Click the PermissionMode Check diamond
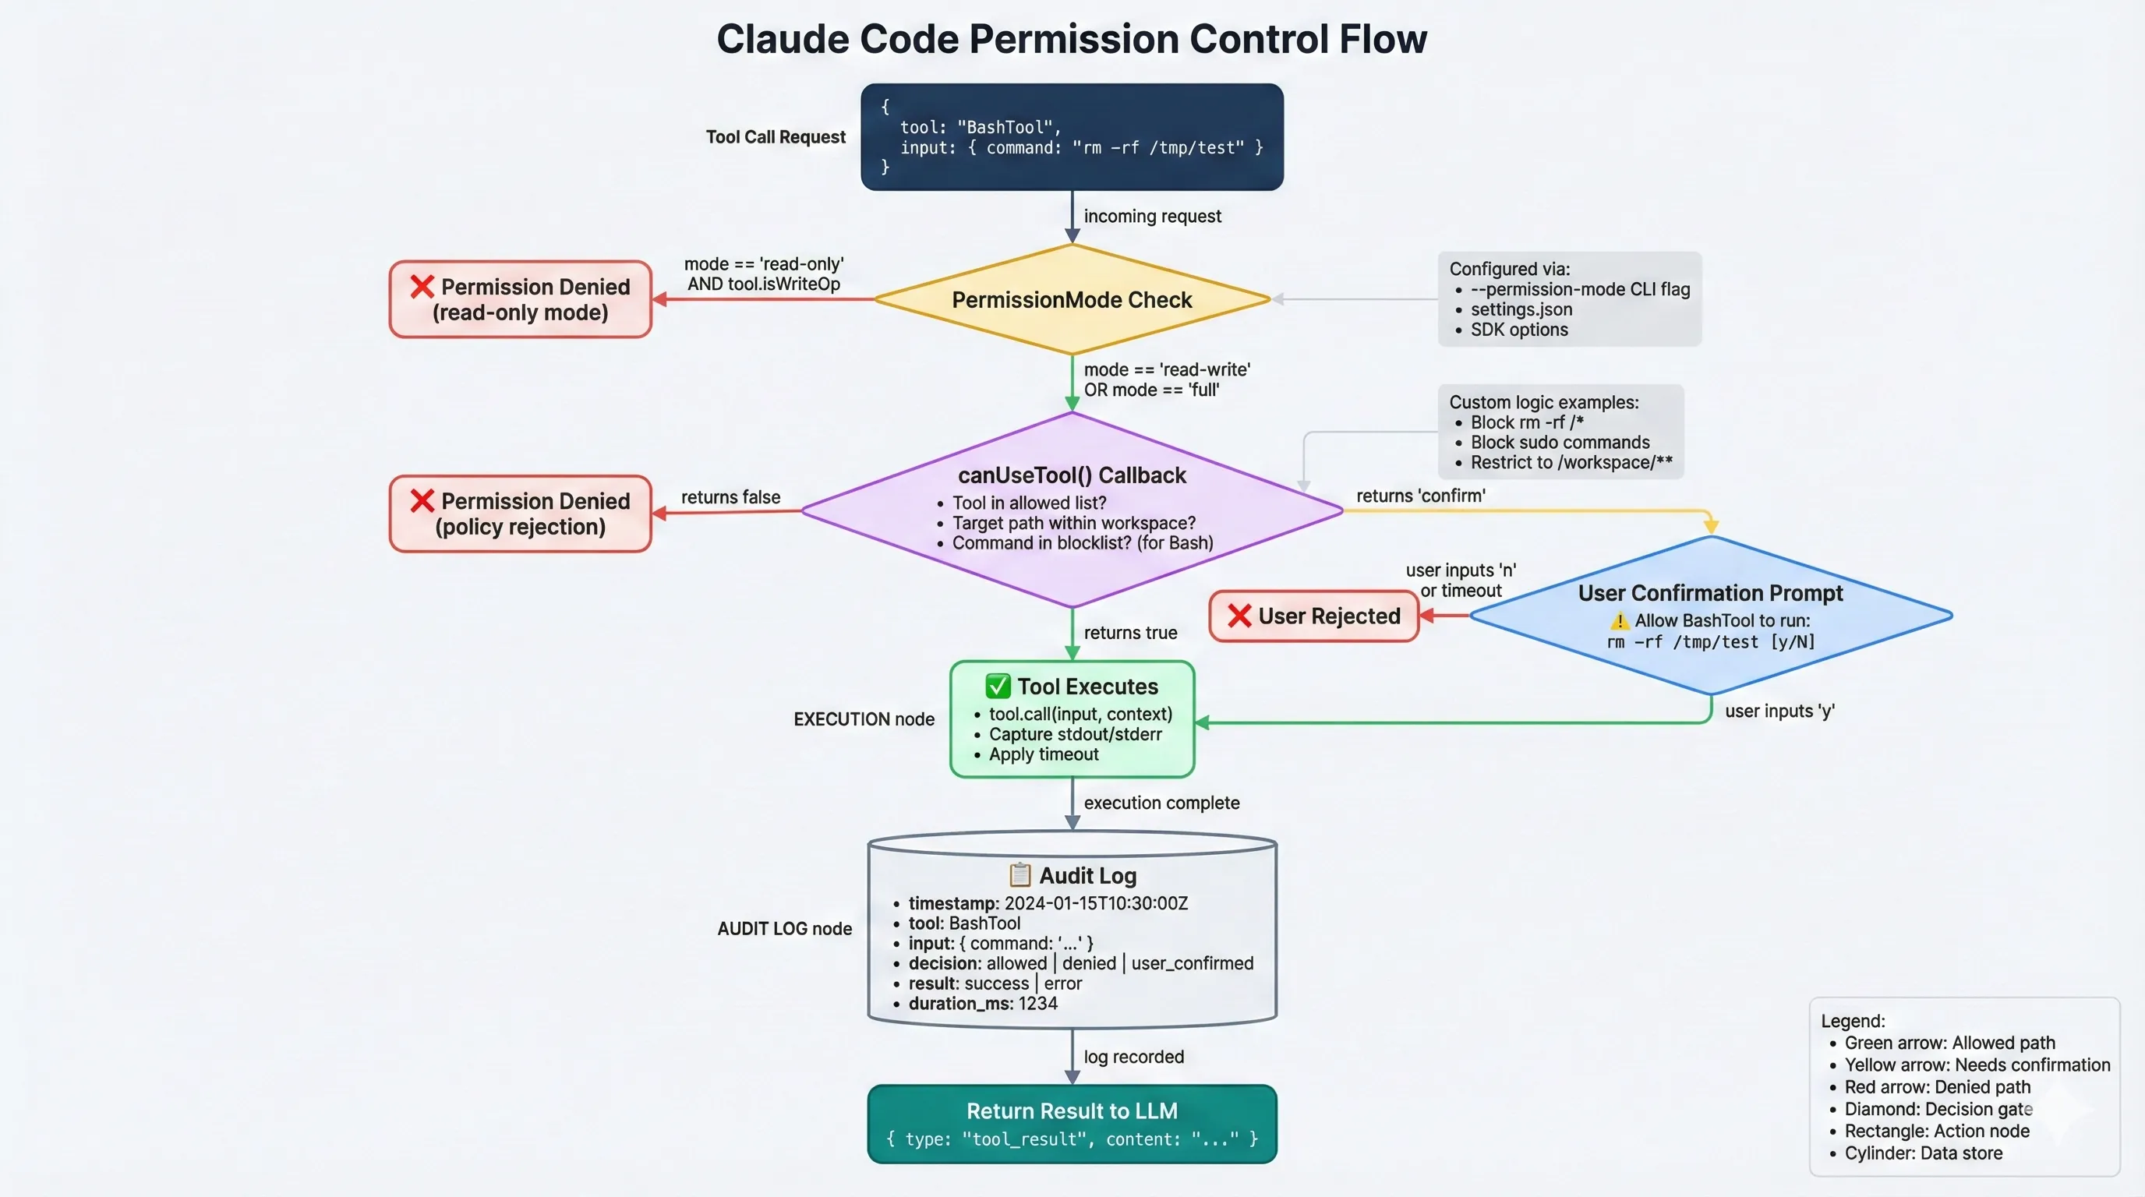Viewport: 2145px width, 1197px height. [1072, 300]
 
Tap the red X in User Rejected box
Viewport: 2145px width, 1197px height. [1239, 616]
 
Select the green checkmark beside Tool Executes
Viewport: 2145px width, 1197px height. [998, 686]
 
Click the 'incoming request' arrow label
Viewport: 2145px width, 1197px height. [1151, 217]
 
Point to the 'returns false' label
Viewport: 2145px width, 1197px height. [730, 497]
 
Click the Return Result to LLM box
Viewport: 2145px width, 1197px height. [1072, 1123]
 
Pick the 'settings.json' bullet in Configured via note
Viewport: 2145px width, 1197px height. [1521, 309]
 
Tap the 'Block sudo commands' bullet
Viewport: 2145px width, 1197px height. [1559, 443]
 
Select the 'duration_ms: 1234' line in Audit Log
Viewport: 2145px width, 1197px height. [983, 1004]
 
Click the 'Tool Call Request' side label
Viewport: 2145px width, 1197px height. [776, 137]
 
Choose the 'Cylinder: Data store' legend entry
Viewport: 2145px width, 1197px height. [1923, 1153]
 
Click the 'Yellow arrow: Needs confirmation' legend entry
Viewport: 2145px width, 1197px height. [1976, 1065]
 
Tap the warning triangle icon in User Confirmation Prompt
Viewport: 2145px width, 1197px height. [1619, 621]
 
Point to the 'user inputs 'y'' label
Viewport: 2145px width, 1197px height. [1779, 711]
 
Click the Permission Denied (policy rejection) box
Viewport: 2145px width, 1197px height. [521, 514]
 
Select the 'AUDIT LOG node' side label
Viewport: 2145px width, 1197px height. [784, 929]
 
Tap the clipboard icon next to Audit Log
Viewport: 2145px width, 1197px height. [1019, 875]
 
